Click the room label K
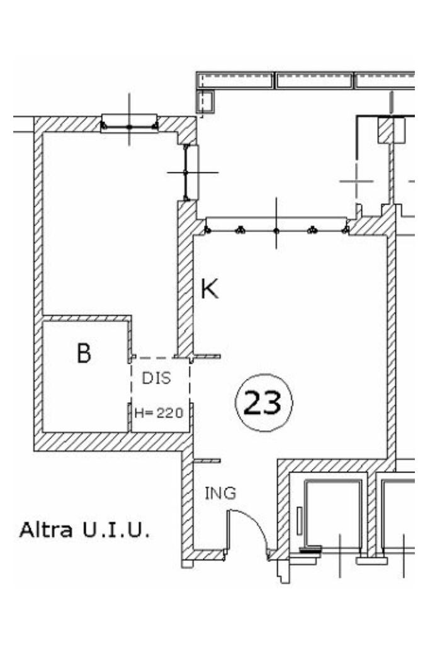click(210, 289)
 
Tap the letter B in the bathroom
click(84, 353)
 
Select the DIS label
click(156, 378)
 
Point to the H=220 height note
click(159, 413)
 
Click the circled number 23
click(263, 403)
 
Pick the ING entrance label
click(220, 493)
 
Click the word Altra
click(46, 530)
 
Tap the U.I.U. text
click(115, 530)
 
